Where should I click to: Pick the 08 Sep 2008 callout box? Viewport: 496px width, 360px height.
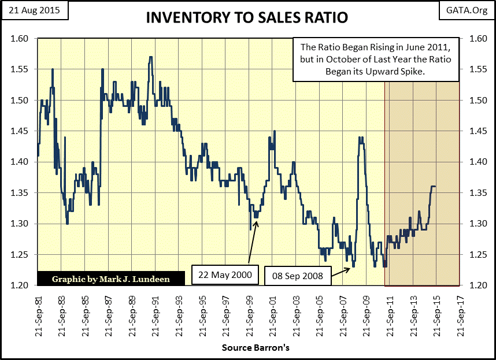tap(298, 275)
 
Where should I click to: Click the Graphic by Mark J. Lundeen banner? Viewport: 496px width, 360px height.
tap(110, 278)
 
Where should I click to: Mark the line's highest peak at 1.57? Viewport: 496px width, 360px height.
tap(151, 57)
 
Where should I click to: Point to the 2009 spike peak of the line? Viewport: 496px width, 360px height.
tap(361, 138)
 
